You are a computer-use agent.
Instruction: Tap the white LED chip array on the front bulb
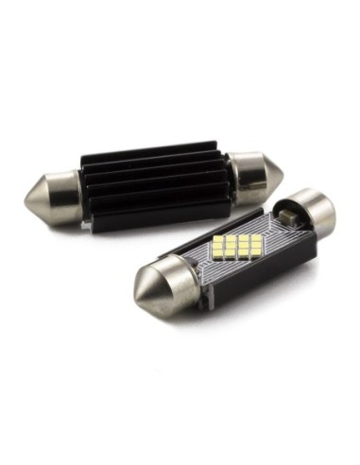coord(236,247)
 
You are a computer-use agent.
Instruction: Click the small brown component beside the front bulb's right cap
coord(288,216)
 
